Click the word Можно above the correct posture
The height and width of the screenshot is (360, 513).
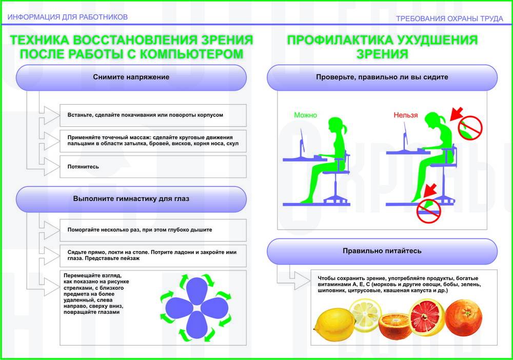click(306, 115)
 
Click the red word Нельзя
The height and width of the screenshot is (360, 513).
click(406, 115)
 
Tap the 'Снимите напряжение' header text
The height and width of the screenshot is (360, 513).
click(131, 77)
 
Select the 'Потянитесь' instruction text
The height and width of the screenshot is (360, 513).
click(83, 167)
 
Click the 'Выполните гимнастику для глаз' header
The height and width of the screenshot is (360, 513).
click(131, 199)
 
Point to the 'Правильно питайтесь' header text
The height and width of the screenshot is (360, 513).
click(382, 251)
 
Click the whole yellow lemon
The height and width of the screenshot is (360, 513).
click(334, 325)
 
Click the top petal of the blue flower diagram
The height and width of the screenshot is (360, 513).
click(196, 290)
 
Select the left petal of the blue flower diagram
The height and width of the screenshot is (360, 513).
click(179, 310)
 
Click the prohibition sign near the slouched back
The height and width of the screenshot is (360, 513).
click(470, 128)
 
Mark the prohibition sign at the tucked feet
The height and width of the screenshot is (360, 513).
click(428, 211)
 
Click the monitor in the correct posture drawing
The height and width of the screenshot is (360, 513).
click(303, 141)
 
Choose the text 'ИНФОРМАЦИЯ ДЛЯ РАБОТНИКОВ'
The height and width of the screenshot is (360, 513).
click(67, 17)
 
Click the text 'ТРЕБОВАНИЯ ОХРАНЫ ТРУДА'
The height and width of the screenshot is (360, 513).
click(449, 18)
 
